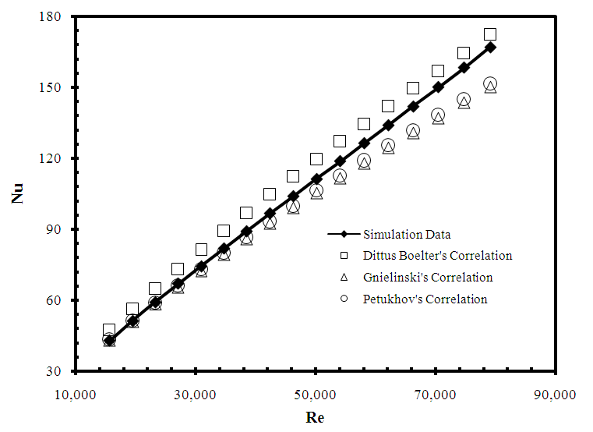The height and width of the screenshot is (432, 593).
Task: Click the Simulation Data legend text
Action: tap(407, 234)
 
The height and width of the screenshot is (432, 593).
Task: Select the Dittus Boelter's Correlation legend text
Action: tap(437, 255)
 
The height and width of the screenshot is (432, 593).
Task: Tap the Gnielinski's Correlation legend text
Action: tap(428, 277)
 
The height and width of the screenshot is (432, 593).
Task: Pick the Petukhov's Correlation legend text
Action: tap(425, 299)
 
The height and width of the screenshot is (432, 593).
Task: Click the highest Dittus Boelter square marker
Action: tap(490, 34)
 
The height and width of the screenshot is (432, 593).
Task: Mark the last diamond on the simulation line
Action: tap(490, 47)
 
